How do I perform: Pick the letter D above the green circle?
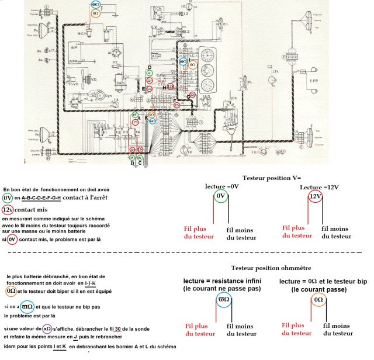pyautogui.click(x=150, y=68)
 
